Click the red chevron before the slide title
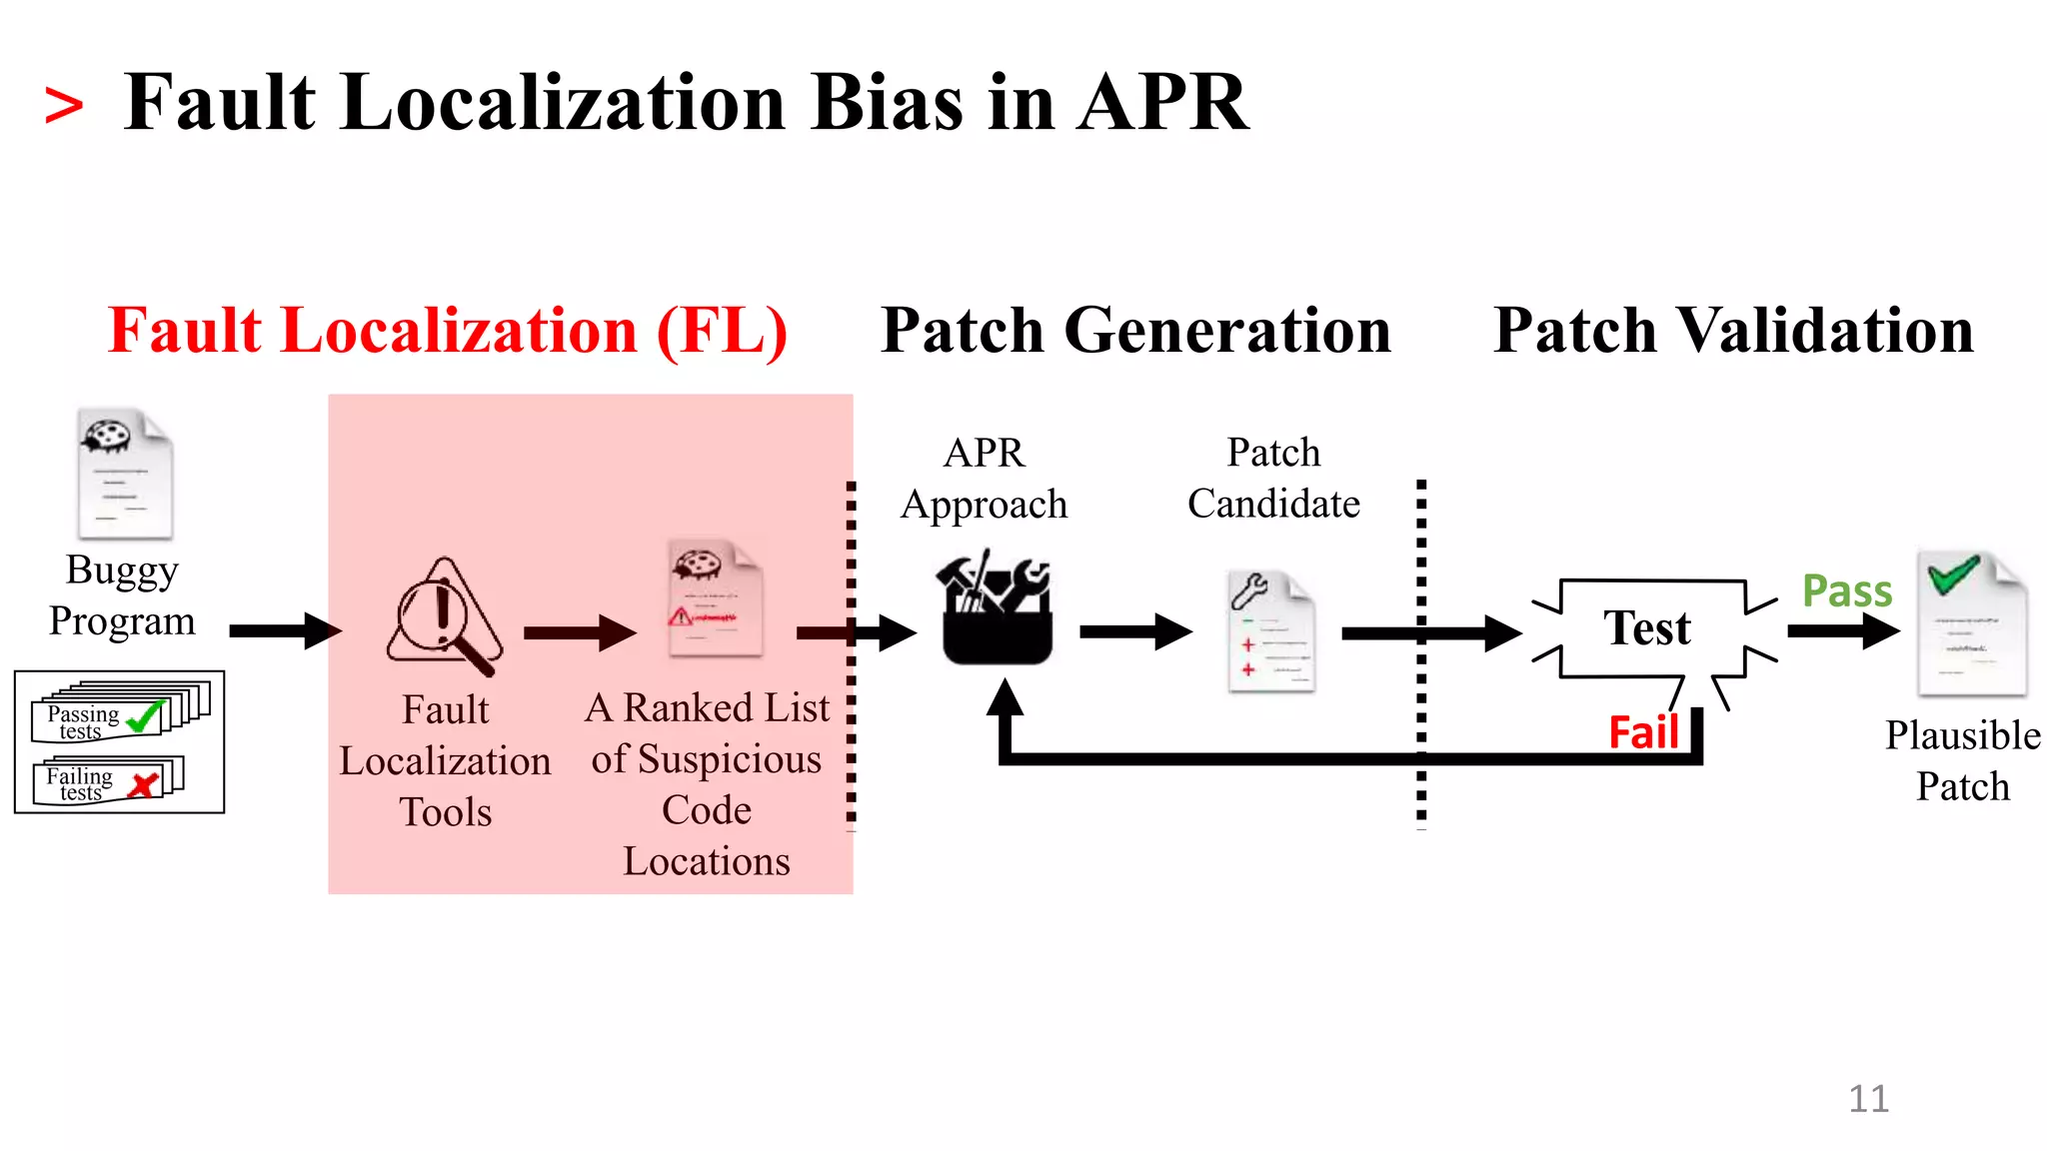pos(63,106)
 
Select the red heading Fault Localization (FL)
pos(448,331)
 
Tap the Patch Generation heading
pos(1135,331)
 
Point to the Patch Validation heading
pos(1733,331)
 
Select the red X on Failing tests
pos(145,784)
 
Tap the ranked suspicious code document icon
pos(715,598)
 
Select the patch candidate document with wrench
pos(1270,631)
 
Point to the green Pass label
pos(1846,591)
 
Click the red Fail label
pos(1643,733)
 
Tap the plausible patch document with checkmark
pos(1971,623)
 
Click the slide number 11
pos(1868,1099)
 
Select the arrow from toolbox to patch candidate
pos(1135,631)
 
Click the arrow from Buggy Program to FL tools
pos(285,630)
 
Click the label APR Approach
pos(984,479)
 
